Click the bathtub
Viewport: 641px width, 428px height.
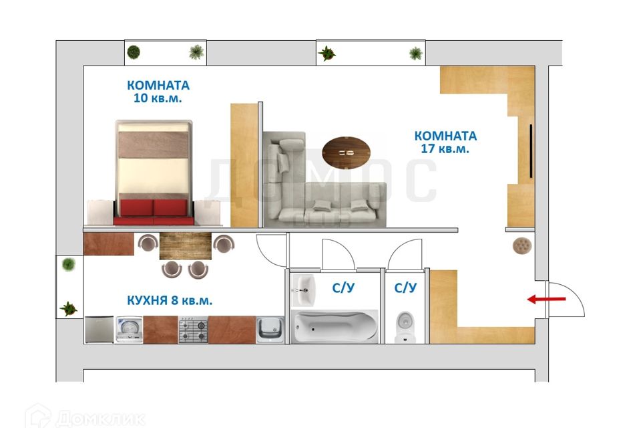pos(335,327)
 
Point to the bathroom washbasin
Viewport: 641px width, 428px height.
pos(304,287)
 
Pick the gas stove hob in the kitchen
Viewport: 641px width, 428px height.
pos(193,330)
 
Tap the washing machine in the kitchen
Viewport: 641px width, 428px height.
pos(130,330)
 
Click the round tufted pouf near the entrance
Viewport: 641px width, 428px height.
pos(521,245)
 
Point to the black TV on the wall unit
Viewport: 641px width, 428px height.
pos(531,151)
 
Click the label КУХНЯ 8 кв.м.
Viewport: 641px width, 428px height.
pos(170,301)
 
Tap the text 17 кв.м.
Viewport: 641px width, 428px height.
pos(445,149)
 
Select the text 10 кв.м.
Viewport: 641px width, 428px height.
pos(158,98)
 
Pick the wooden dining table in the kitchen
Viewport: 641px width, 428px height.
pos(186,245)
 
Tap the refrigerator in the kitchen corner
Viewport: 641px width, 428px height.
pos(99,330)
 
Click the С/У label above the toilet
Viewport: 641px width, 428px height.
pos(405,288)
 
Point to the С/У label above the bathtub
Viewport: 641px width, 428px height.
pos(343,288)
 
